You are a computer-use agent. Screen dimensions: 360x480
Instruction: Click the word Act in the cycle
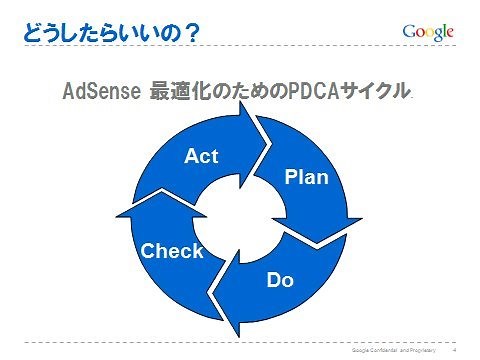point(201,156)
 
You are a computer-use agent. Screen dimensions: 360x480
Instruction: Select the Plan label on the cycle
point(306,177)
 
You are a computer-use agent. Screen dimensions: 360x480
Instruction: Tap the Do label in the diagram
point(280,279)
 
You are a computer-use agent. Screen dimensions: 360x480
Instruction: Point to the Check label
point(171,251)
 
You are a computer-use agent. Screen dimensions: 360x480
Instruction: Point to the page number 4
point(455,351)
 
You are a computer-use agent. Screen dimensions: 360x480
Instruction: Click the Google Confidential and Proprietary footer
point(394,351)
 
